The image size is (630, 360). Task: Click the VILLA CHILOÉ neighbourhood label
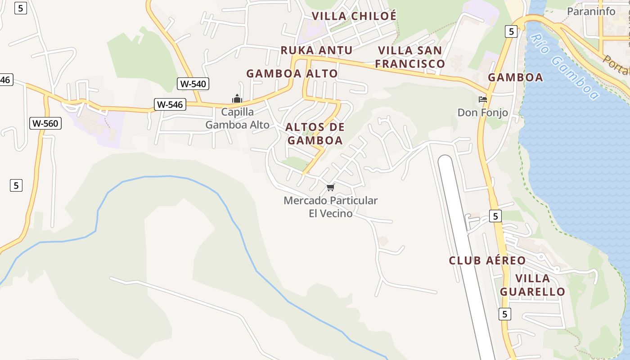click(354, 16)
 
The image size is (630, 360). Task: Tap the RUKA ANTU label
click(316, 50)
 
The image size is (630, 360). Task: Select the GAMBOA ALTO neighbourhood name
click(292, 73)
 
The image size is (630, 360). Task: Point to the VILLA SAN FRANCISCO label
click(410, 57)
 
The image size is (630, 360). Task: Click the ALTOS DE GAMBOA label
click(315, 134)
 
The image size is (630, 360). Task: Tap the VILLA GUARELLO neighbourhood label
click(532, 285)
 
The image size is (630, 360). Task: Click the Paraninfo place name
click(591, 11)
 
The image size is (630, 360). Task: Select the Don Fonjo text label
click(483, 112)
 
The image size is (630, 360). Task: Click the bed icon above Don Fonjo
click(483, 99)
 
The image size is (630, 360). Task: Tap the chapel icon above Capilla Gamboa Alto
click(237, 99)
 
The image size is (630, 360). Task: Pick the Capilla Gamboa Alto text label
click(237, 118)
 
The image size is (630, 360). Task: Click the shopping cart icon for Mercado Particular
click(331, 187)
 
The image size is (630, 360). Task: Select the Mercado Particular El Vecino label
click(331, 207)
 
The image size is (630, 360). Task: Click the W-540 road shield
click(193, 83)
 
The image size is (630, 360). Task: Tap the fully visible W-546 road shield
click(169, 104)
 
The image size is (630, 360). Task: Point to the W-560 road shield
click(45, 123)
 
